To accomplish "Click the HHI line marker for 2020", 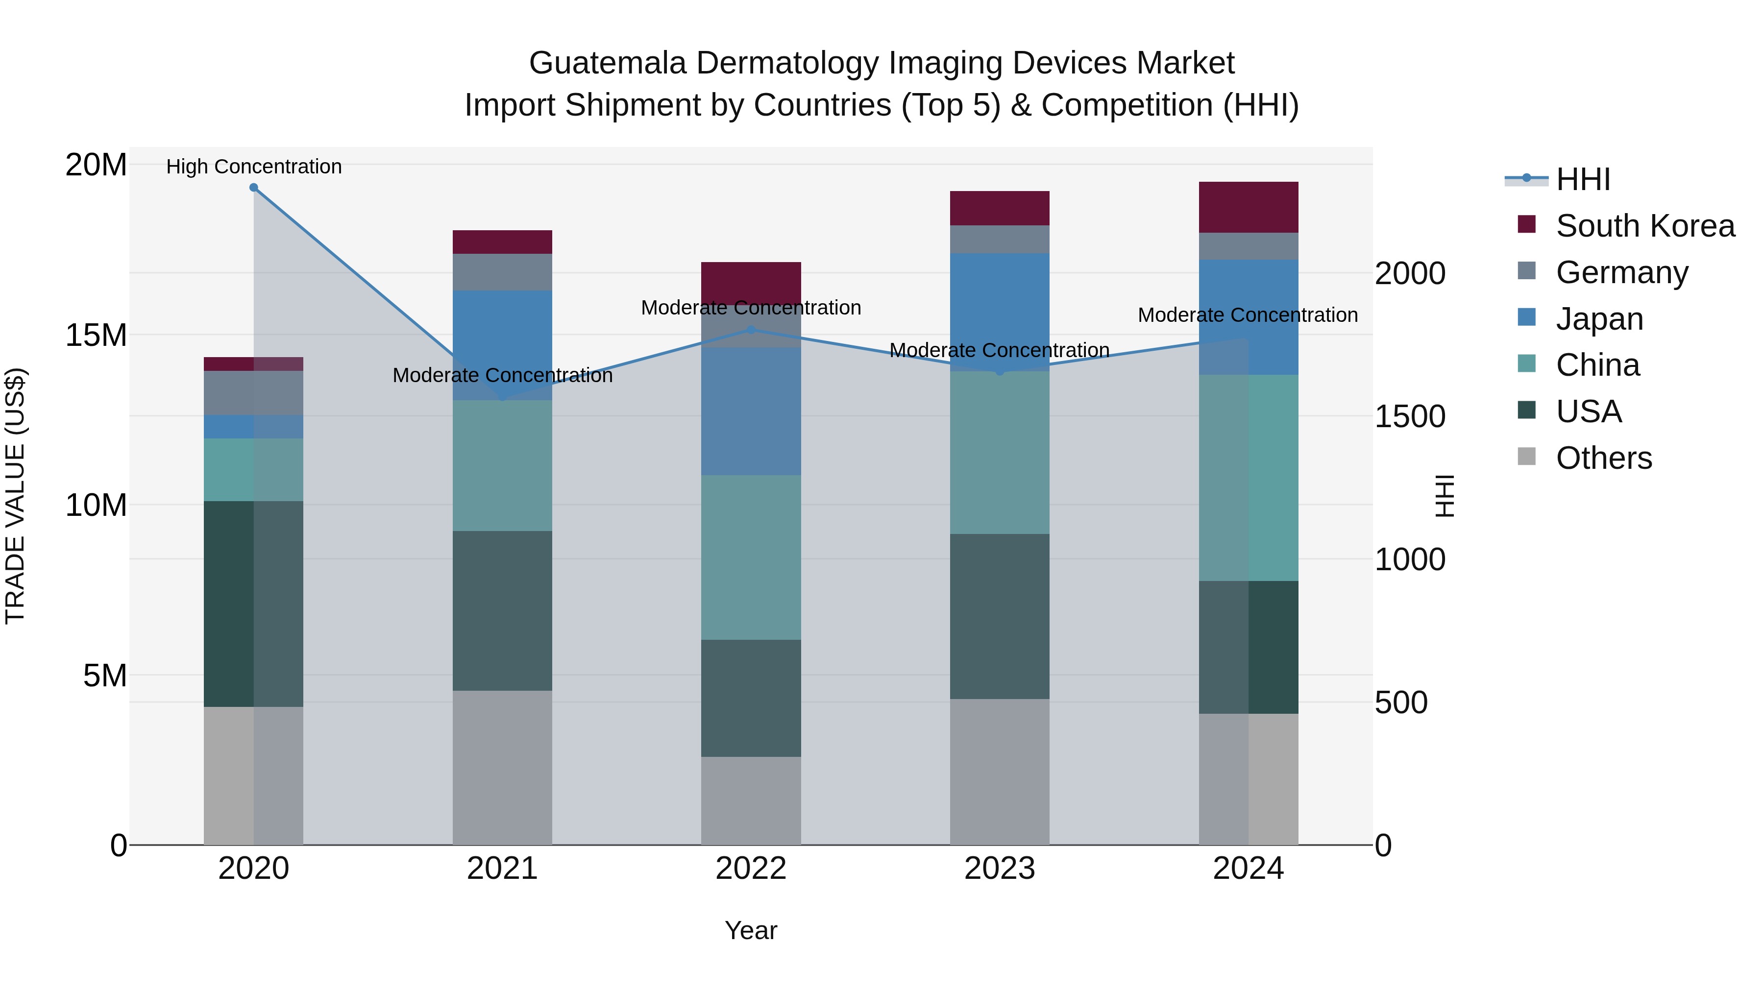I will point(253,188).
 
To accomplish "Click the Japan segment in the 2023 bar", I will point(999,312).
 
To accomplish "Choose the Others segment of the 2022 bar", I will point(751,800).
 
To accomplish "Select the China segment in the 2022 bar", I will point(751,557).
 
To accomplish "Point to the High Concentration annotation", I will point(253,167).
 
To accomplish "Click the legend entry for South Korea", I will point(1645,226).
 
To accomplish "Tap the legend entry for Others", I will point(1603,458).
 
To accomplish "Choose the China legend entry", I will point(1597,365).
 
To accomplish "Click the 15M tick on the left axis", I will point(96,335).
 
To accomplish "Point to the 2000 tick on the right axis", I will point(1410,273).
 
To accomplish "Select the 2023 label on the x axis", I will point(999,869).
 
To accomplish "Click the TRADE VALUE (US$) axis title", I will point(16,496).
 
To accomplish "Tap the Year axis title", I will point(751,930).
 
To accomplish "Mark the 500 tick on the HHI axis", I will point(1401,702).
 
